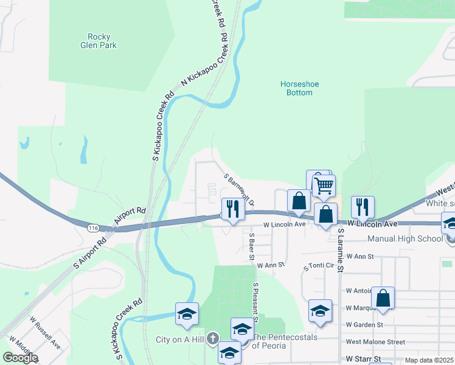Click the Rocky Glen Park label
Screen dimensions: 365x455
pyautogui.click(x=98, y=41)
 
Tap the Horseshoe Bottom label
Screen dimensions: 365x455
pyautogui.click(x=299, y=88)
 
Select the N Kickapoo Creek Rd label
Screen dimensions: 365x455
pyautogui.click(x=206, y=64)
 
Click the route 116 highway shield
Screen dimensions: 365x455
pyautogui.click(x=92, y=228)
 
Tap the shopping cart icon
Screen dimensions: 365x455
pyautogui.click(x=324, y=185)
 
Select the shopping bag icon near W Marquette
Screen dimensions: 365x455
pyautogui.click(x=383, y=299)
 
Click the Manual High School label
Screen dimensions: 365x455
pyautogui.click(x=414, y=238)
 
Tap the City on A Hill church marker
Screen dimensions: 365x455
pyautogui.click(x=212, y=338)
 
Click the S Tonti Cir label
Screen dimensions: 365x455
pyautogui.click(x=319, y=266)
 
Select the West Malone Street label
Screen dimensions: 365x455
pyautogui.click(x=375, y=342)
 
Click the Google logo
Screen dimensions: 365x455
pyautogui.click(x=20, y=358)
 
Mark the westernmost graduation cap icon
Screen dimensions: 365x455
pyautogui.click(x=187, y=314)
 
